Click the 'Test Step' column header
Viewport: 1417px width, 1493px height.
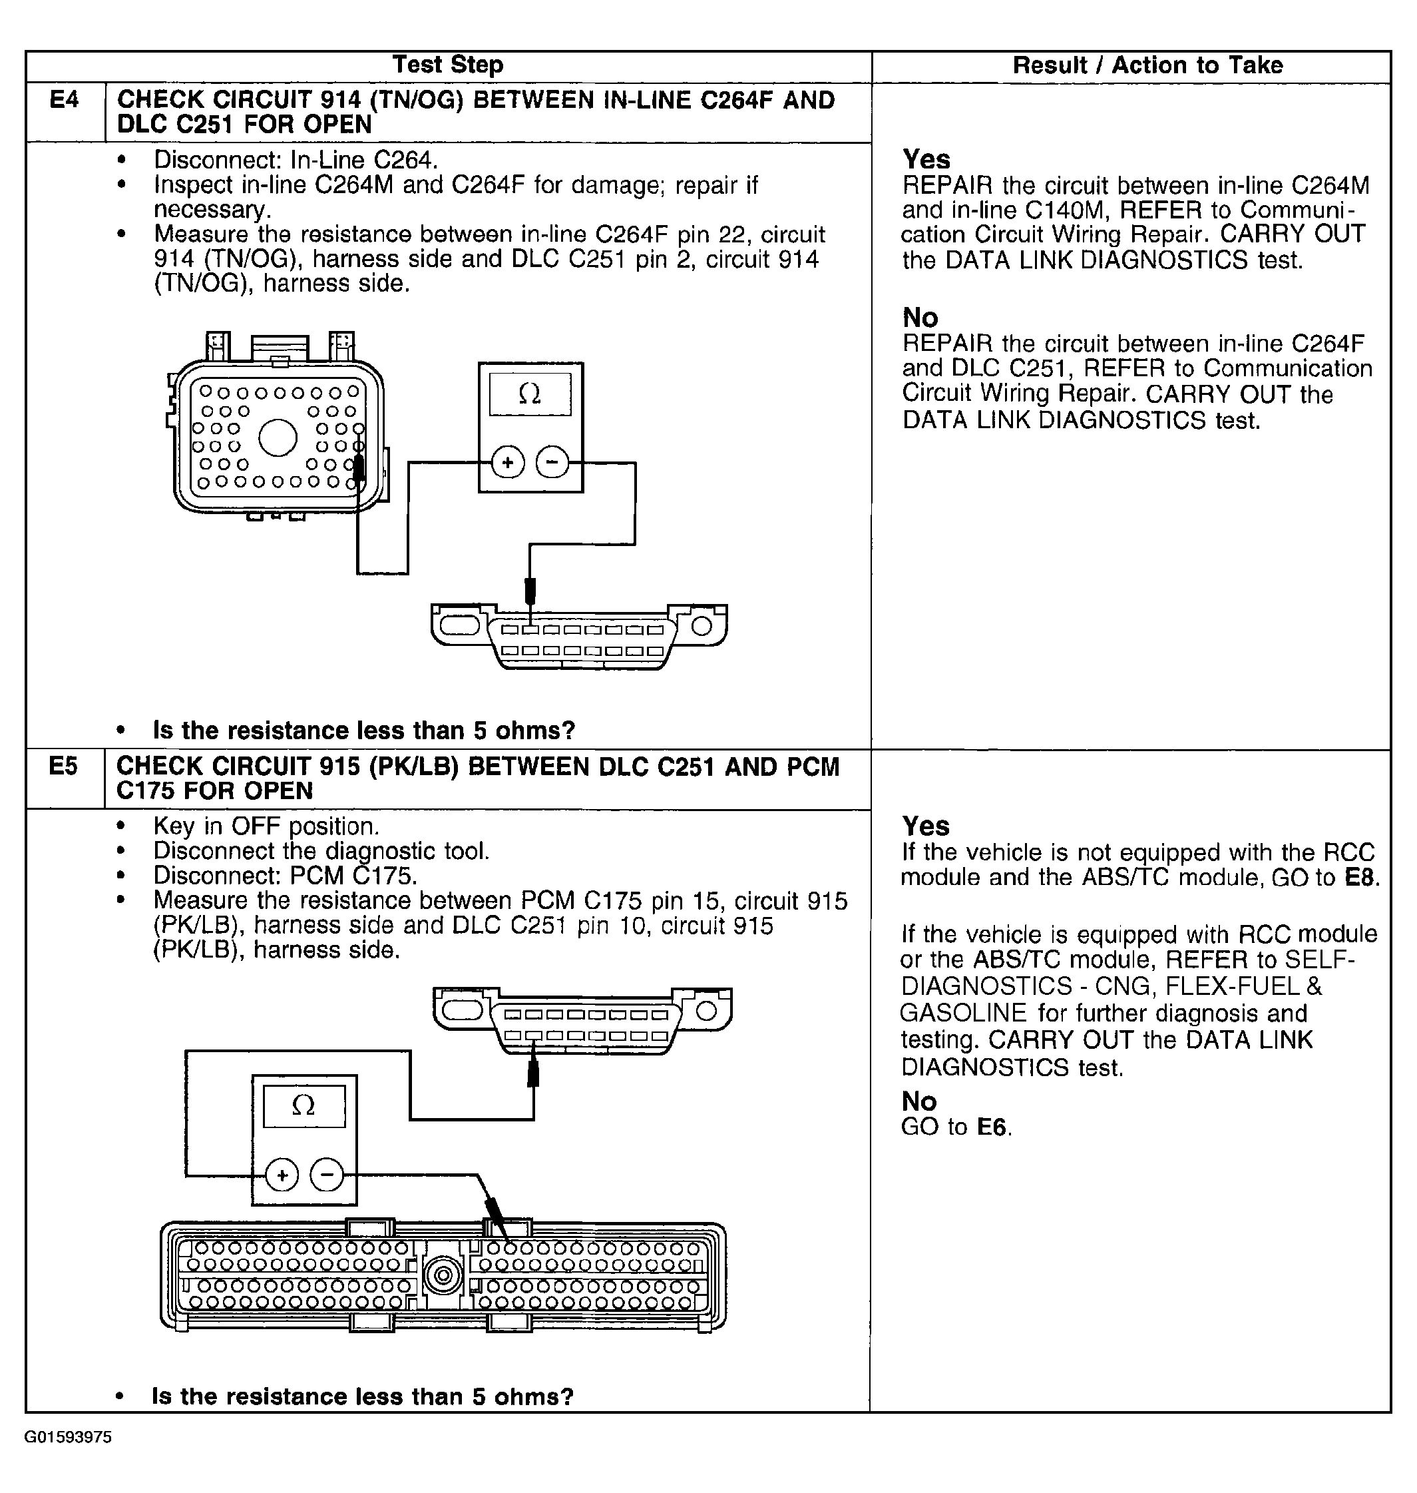tap(448, 65)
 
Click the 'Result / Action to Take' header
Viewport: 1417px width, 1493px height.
tap(1147, 66)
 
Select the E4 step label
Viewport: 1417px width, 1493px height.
tap(64, 100)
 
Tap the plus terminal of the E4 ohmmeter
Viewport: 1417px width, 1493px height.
tap(508, 462)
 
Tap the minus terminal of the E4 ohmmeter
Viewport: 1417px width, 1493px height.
tap(552, 462)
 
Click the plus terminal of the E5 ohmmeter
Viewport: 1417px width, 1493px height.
tap(282, 1175)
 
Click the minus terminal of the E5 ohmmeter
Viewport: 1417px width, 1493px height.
tap(326, 1175)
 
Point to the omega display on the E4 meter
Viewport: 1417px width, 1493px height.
tap(530, 394)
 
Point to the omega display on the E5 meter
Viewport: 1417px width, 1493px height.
tap(304, 1106)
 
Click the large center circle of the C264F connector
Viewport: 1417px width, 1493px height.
tap(278, 438)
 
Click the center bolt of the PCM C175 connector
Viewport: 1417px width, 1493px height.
tap(443, 1276)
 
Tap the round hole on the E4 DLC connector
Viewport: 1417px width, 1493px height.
tap(702, 625)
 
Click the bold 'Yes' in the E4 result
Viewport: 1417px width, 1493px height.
tap(926, 159)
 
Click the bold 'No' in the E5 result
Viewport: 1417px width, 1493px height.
tap(919, 1101)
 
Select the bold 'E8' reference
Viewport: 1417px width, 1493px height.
tap(1361, 878)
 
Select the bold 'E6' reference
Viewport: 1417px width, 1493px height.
tap(992, 1127)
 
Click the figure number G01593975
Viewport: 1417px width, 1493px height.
tap(68, 1437)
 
